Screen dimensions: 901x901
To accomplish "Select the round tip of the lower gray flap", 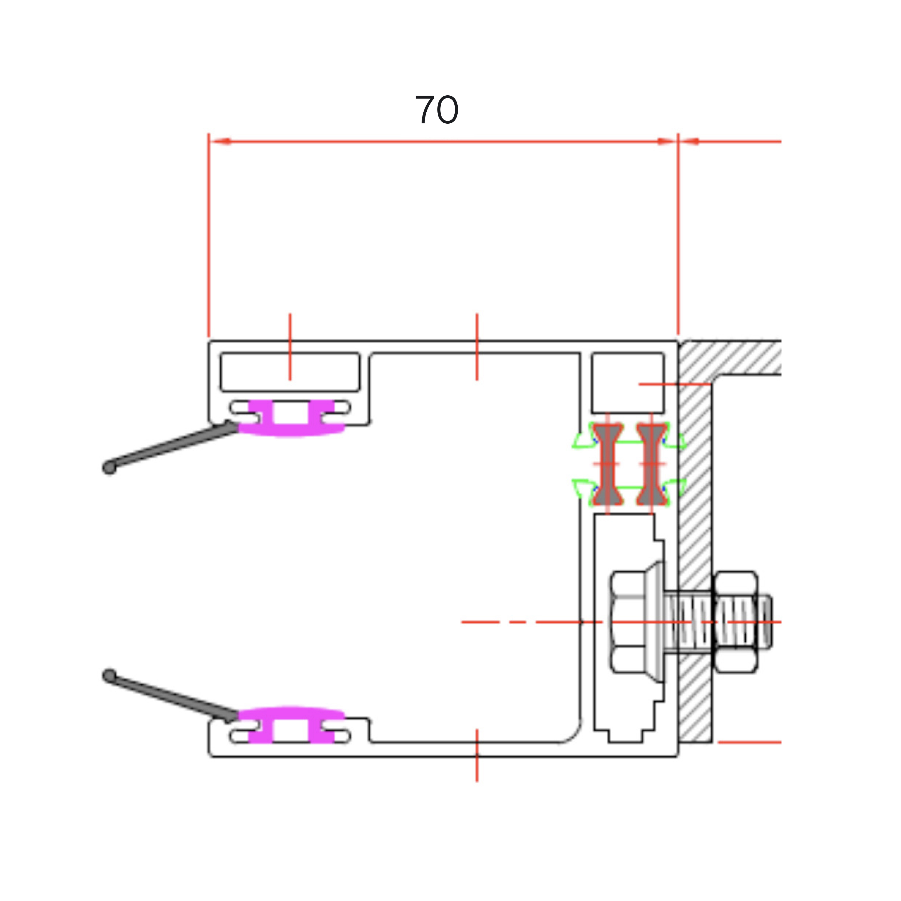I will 109,676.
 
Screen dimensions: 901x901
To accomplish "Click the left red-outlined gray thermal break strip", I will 607,464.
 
